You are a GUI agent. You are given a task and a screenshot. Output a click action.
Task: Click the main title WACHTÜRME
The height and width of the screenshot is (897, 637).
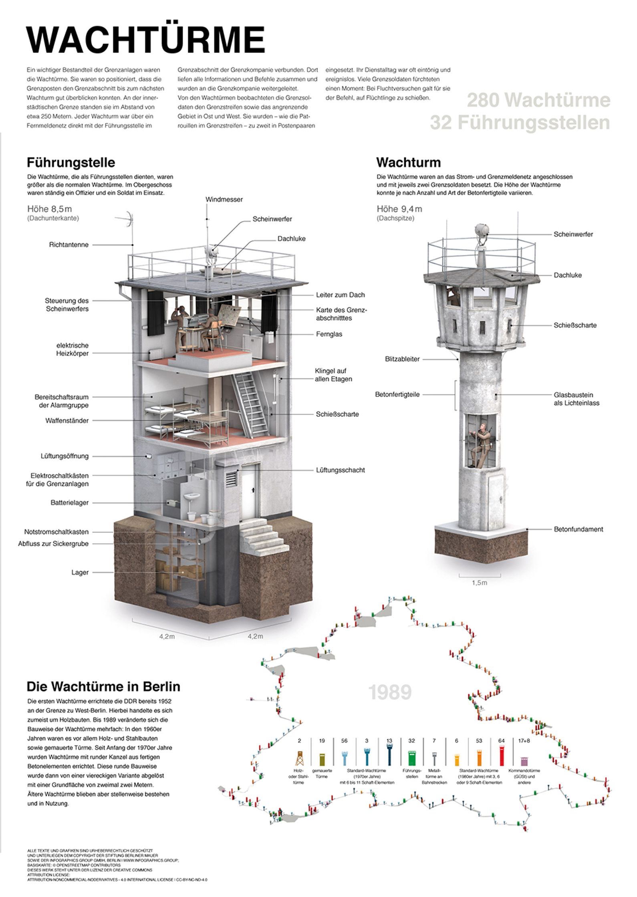(145, 41)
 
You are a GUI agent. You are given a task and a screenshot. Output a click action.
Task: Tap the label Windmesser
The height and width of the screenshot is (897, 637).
(224, 199)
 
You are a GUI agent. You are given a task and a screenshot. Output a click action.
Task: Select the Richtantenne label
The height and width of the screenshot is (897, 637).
(69, 245)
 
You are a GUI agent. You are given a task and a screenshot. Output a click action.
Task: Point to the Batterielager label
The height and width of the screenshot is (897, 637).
(69, 503)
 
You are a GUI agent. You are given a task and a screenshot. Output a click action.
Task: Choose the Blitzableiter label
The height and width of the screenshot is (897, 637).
(402, 359)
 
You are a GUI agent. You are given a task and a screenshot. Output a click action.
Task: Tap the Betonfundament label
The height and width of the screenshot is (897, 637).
(579, 529)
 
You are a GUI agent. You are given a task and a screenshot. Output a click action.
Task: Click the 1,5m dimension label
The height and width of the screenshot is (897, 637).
(479, 583)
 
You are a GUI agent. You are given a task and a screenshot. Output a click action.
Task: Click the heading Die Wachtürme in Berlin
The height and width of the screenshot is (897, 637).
(103, 687)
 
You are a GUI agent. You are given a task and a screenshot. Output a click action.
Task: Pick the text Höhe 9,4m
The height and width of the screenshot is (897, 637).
(399, 209)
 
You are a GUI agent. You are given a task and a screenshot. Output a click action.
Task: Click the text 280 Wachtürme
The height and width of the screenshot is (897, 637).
(539, 100)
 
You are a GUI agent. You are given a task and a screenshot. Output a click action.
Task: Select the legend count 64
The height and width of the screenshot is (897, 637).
(501, 741)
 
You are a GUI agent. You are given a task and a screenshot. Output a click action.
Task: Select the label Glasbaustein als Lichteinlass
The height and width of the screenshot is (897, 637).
(577, 398)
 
